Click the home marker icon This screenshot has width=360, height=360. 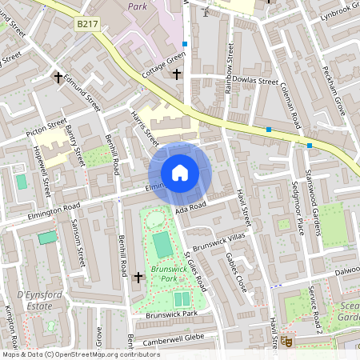click(x=180, y=172)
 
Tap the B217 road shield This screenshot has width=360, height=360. click(x=87, y=25)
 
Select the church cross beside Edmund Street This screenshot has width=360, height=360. click(x=58, y=78)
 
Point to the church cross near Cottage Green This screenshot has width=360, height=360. click(x=177, y=74)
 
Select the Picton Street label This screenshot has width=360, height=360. click(x=46, y=126)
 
